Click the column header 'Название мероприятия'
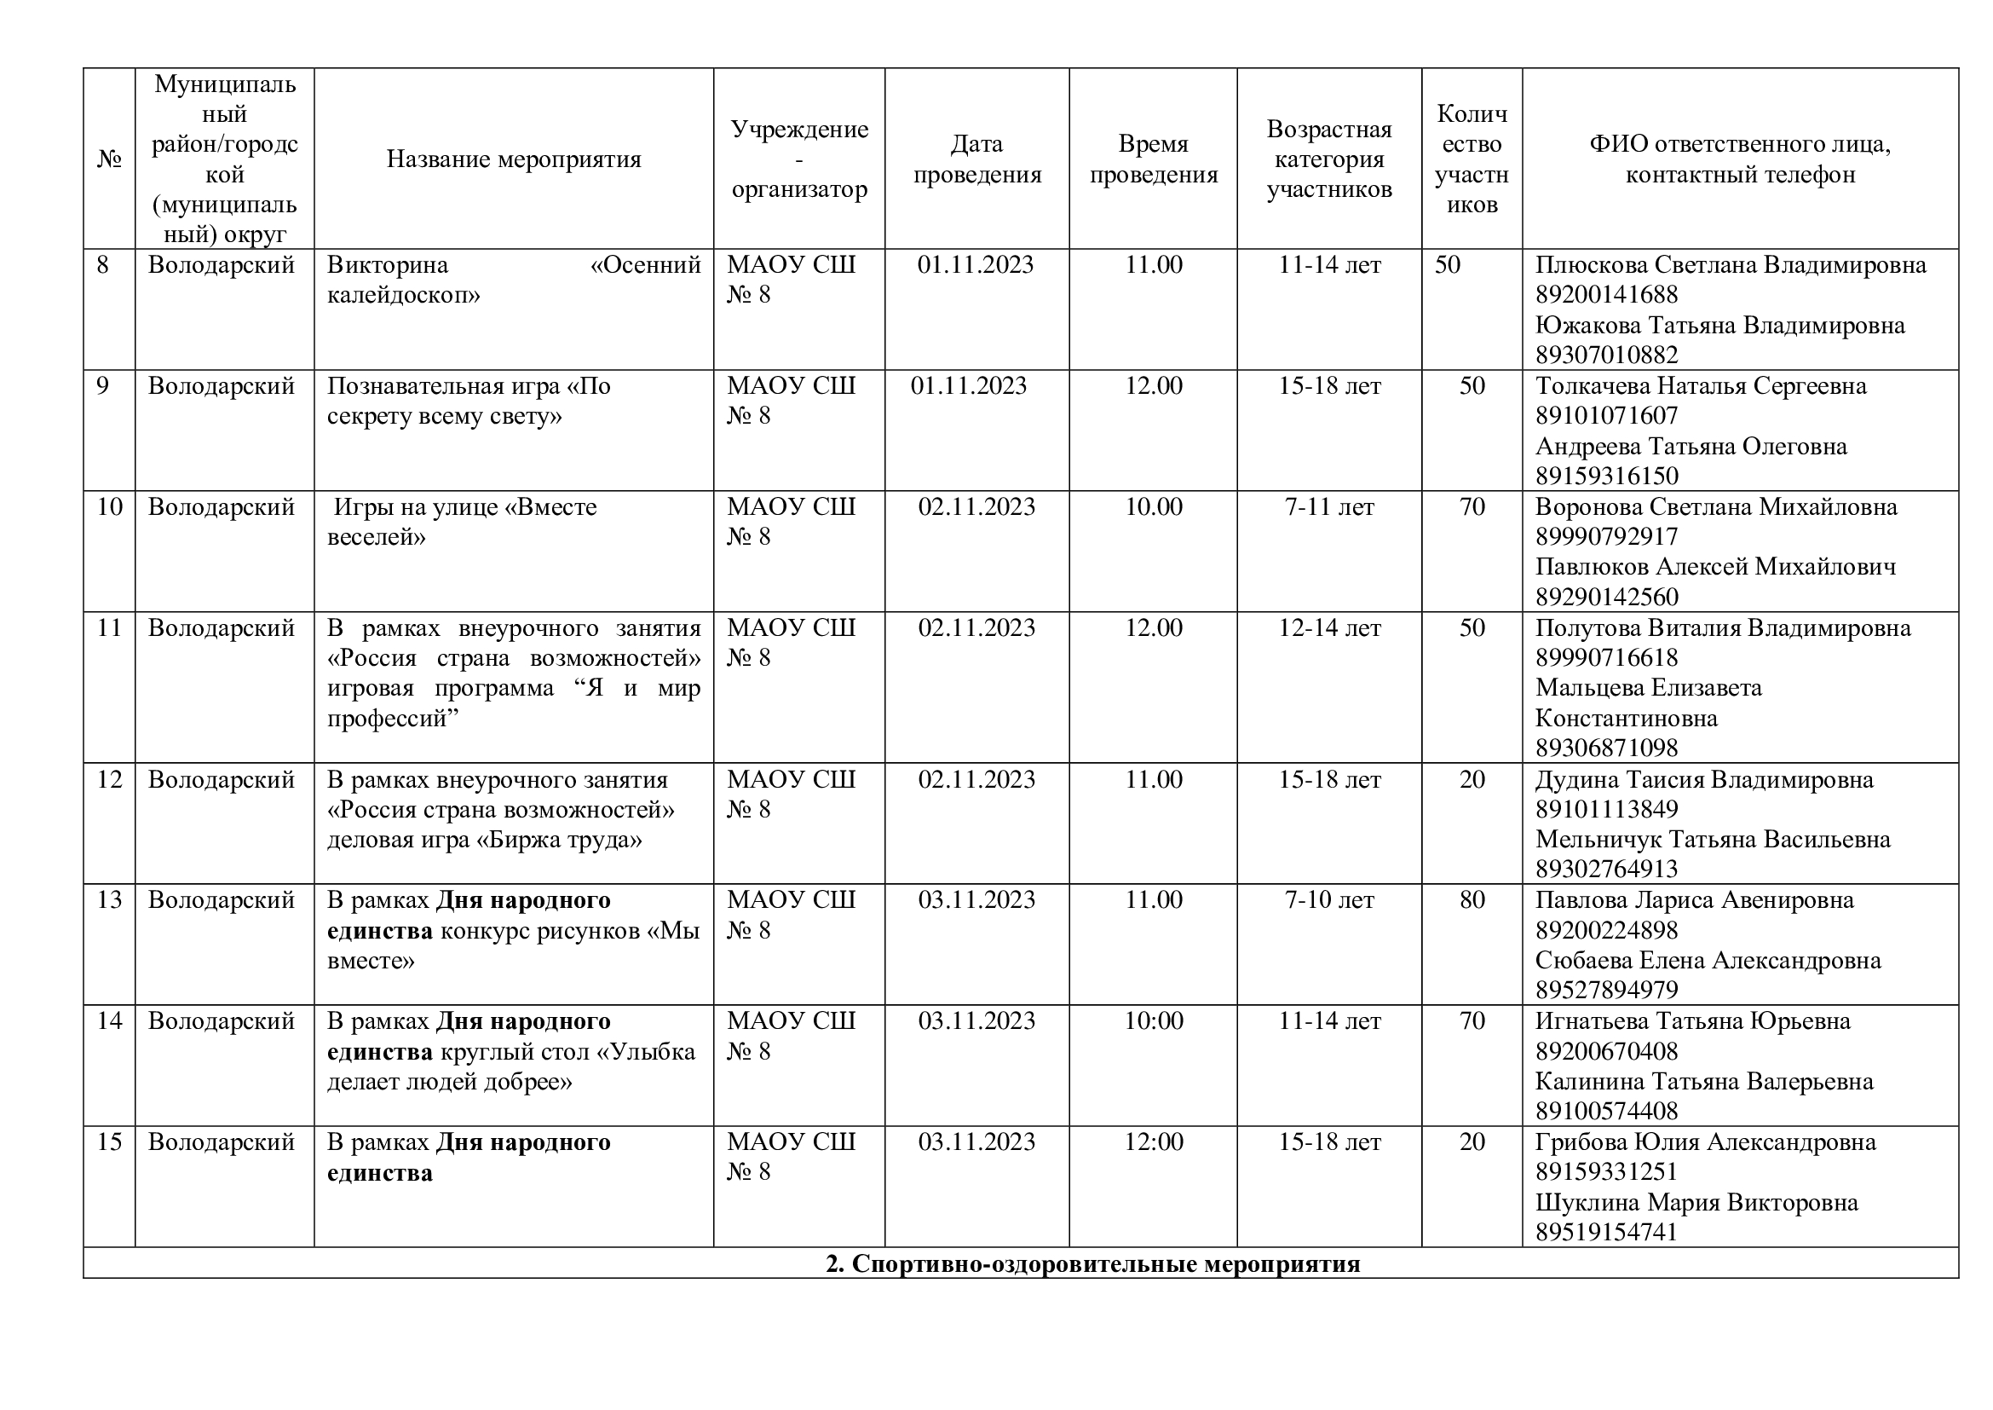[x=513, y=159]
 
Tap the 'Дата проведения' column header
[x=976, y=159]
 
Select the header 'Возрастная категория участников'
[x=1328, y=159]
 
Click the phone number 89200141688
[x=1606, y=294]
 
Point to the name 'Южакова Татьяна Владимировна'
[x=1719, y=325]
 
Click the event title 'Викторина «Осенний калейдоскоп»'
[x=513, y=280]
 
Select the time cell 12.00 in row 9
[x=1153, y=385]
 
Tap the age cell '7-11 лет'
[x=1328, y=506]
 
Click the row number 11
[x=109, y=627]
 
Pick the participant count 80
[x=1472, y=899]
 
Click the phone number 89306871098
[x=1606, y=748]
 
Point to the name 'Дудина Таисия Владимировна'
[x=1704, y=779]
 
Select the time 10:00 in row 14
[x=1153, y=1020]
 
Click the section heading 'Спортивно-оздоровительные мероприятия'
[x=1092, y=1263]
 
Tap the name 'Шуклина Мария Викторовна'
[x=1696, y=1203]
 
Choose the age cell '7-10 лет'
[x=1328, y=899]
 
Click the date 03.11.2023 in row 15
[x=976, y=1141]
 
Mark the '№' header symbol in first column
[x=109, y=159]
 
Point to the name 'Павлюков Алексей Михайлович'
[x=1715, y=566]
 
